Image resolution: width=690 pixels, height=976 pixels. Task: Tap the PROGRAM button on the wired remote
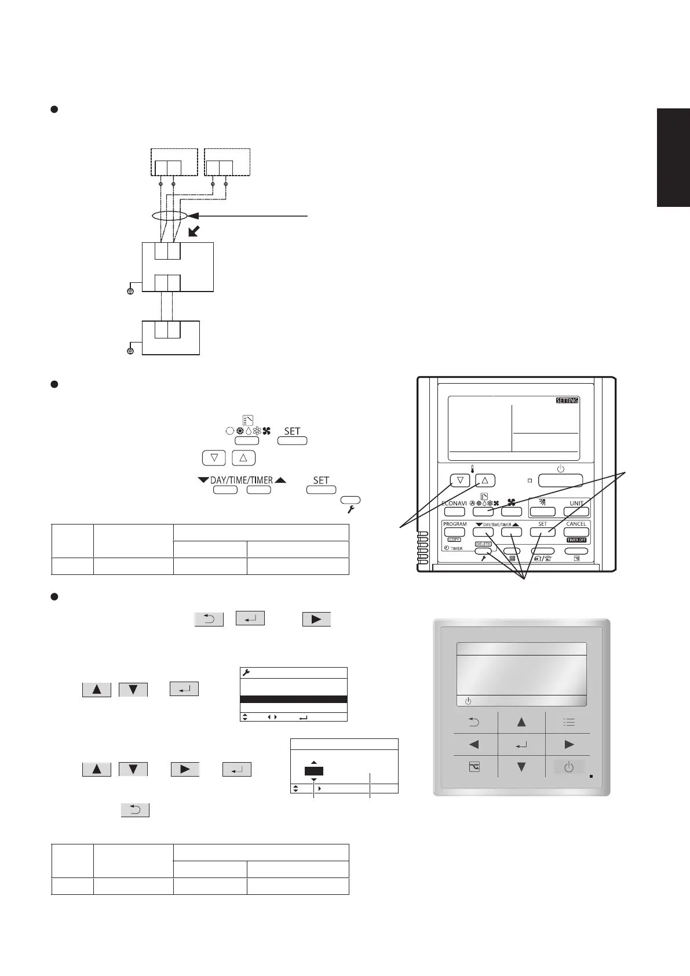[455, 531]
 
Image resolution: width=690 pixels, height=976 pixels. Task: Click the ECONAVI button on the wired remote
[455, 511]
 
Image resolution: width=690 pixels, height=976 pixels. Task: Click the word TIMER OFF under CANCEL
[576, 540]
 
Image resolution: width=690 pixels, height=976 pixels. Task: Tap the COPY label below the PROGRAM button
[454, 540]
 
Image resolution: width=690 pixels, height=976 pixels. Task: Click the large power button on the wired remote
[560, 480]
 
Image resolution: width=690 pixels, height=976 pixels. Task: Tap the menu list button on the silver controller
[569, 722]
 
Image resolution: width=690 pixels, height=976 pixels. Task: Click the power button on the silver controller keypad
[569, 767]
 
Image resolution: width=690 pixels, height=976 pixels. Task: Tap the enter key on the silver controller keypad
[521, 745]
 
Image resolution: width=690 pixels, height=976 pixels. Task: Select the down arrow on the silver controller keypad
[521, 767]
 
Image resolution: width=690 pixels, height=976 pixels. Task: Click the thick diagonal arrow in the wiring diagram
[194, 232]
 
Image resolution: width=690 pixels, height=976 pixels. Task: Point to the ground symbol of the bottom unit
[130, 351]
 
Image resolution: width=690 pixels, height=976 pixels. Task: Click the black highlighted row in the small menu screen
[293, 700]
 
